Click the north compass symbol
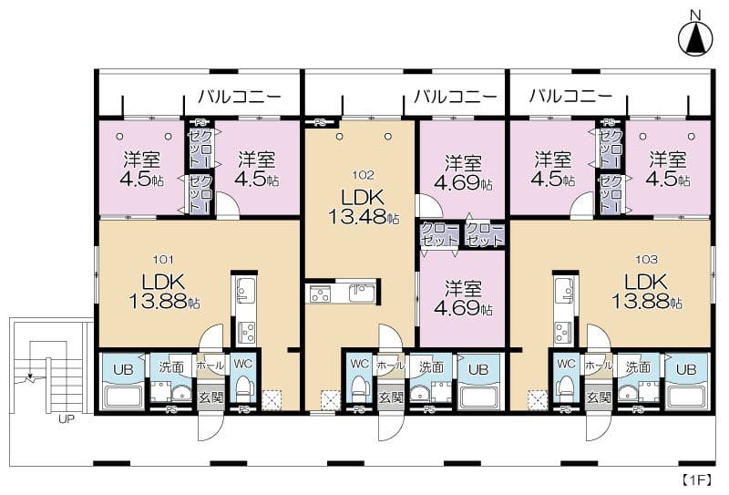click(x=695, y=36)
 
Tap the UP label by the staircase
click(x=66, y=420)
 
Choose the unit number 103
click(x=647, y=259)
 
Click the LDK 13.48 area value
click(x=364, y=218)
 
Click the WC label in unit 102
click(x=360, y=363)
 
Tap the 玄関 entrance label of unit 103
click(x=598, y=397)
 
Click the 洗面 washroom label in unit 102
click(x=432, y=366)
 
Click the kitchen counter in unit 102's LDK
click(x=343, y=294)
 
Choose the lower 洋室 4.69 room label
click(x=463, y=298)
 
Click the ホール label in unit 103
click(x=598, y=365)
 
